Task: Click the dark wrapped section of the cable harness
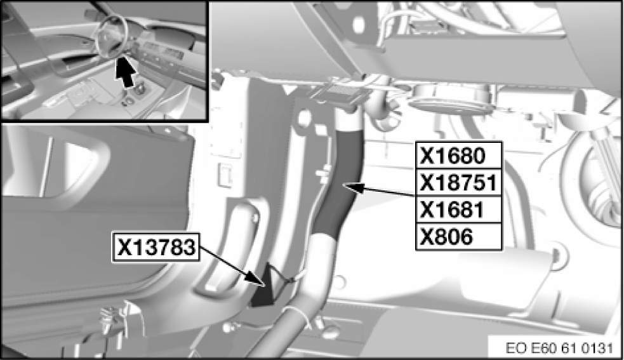343,184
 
